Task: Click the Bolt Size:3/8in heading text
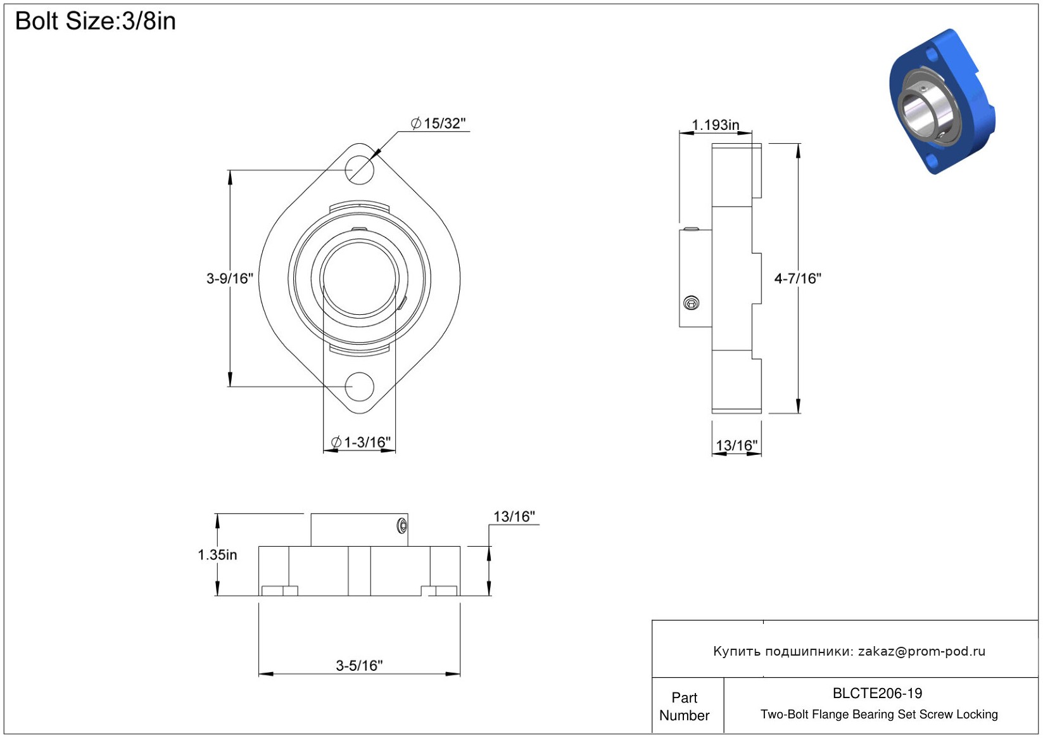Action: (96, 22)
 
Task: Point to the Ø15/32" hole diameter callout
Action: (438, 124)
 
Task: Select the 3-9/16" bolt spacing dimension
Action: (229, 279)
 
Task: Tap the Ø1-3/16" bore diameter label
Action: (360, 442)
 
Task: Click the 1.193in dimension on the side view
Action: (715, 125)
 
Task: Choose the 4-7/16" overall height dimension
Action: (798, 279)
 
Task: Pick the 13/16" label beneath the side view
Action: (736, 445)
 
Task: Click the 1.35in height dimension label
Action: (217, 555)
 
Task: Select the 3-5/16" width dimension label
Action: (360, 665)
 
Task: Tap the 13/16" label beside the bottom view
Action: (514, 517)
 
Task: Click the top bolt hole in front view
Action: (360, 170)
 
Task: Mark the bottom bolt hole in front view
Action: (360, 386)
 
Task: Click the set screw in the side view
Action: (692, 303)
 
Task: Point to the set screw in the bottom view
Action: (402, 526)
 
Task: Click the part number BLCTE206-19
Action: (877, 693)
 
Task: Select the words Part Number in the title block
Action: (684, 706)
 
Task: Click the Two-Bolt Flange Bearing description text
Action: (879, 714)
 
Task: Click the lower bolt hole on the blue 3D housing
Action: (932, 162)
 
